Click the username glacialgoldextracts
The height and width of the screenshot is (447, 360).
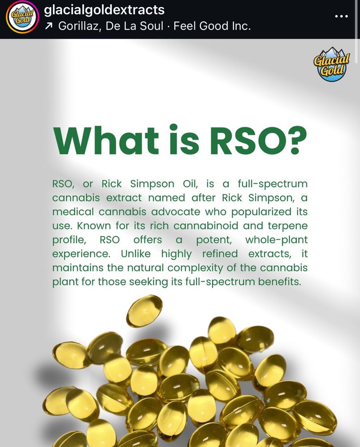[105, 9]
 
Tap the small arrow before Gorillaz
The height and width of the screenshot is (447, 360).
[49, 26]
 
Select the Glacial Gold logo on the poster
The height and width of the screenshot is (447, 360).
[331, 64]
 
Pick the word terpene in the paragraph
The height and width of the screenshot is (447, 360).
[287, 226]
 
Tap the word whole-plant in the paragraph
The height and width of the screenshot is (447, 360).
[276, 240]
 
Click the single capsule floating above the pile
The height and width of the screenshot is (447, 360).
[144, 311]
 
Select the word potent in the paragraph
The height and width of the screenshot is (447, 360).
[214, 240]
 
